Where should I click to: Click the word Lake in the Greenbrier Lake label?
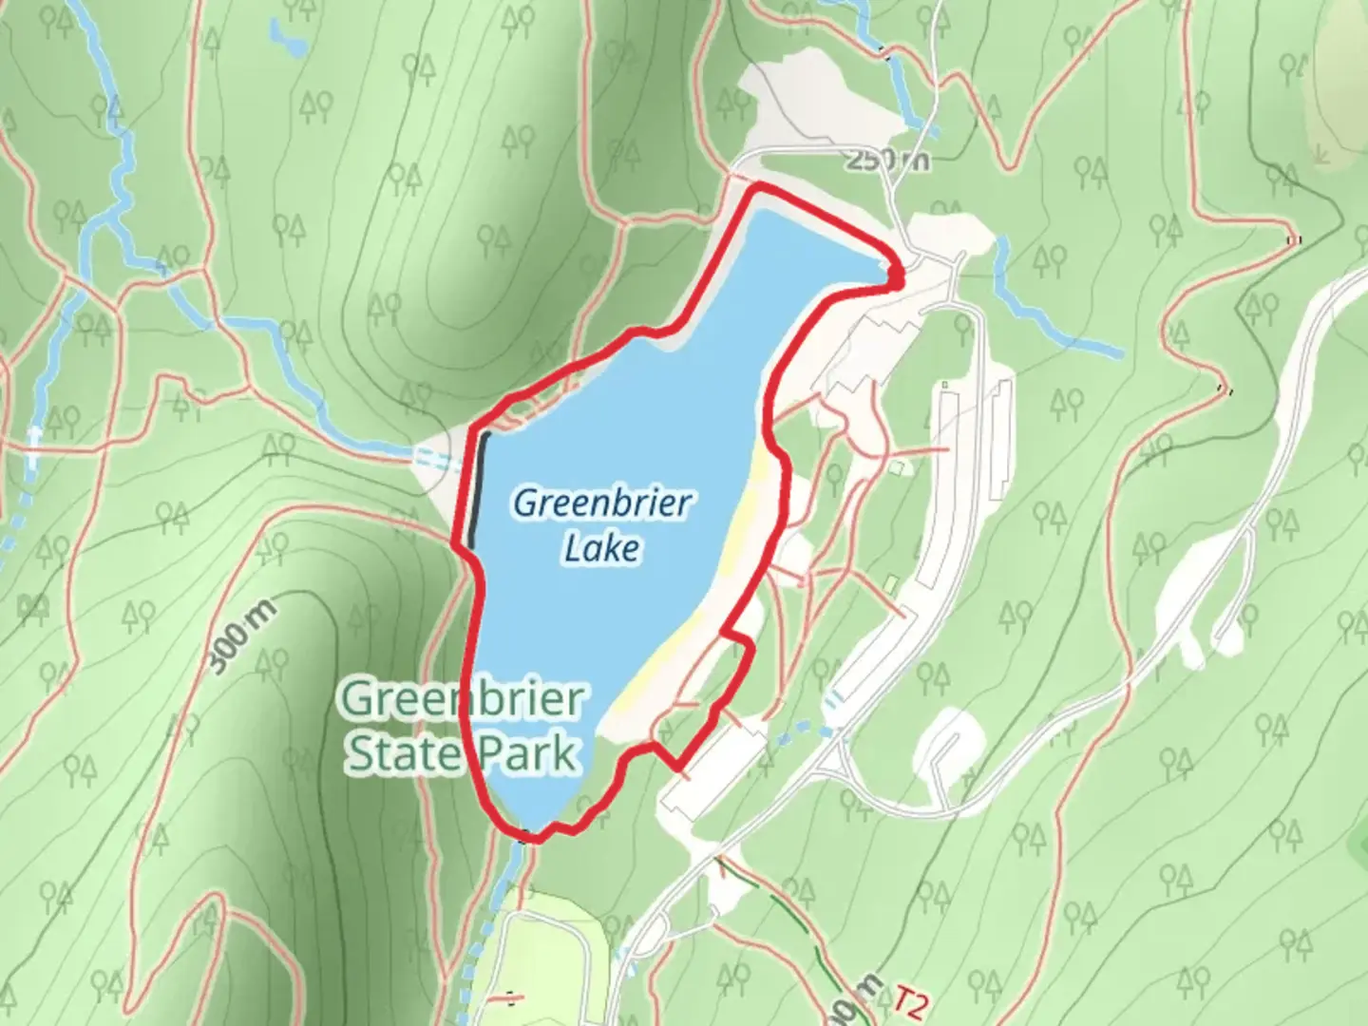tap(601, 548)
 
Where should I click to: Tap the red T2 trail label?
tap(909, 1003)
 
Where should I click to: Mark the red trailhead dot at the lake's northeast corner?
tap(895, 275)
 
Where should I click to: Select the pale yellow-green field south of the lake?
tap(551, 950)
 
